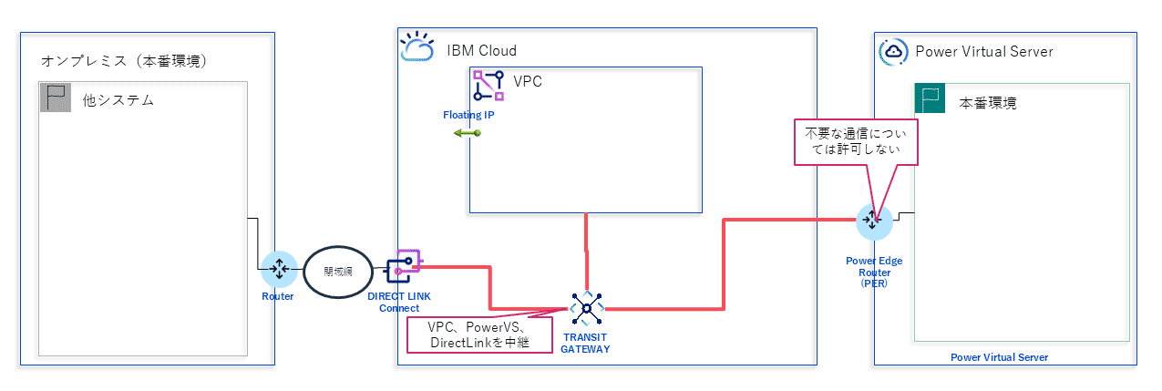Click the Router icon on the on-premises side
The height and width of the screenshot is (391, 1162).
(279, 269)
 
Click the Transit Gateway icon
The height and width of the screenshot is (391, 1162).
(586, 309)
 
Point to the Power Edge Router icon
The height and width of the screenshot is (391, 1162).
(872, 220)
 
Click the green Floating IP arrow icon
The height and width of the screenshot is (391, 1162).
(468, 133)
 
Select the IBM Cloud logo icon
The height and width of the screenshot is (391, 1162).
(417, 47)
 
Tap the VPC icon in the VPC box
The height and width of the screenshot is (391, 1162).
(488, 85)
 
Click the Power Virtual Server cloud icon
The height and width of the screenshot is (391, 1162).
(893, 51)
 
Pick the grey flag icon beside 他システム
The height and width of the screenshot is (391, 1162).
(56, 98)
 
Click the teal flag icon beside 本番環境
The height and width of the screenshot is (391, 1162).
(931, 100)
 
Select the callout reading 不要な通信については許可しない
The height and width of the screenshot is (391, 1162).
(856, 142)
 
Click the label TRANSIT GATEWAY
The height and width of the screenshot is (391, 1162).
(585, 343)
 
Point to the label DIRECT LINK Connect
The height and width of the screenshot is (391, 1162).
(399, 302)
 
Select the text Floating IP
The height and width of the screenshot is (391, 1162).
(468, 115)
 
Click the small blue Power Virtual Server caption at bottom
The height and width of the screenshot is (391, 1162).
(999, 357)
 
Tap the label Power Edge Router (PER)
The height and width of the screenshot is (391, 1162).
(873, 272)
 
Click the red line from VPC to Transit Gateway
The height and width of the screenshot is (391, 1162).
(586, 251)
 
